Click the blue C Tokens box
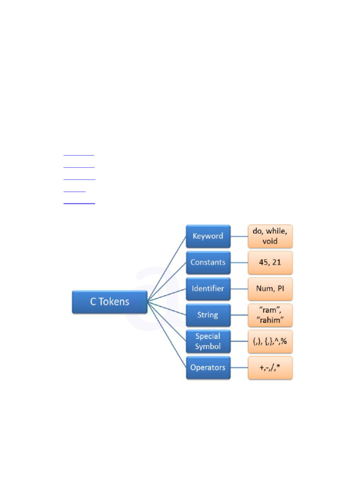(x=110, y=301)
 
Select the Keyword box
(x=208, y=236)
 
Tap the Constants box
(x=208, y=262)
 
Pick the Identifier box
(x=208, y=289)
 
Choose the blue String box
(x=208, y=315)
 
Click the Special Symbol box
(x=208, y=341)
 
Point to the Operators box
(x=208, y=367)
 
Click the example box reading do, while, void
(x=270, y=236)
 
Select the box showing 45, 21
(x=270, y=262)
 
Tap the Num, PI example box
(x=270, y=289)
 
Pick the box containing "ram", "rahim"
(x=270, y=315)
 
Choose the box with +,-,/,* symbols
(x=270, y=367)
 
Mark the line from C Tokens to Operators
(x=167, y=335)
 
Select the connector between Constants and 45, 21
(x=239, y=262)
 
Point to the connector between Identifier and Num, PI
(x=239, y=289)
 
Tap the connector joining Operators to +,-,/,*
(x=239, y=367)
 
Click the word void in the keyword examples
(x=270, y=241)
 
